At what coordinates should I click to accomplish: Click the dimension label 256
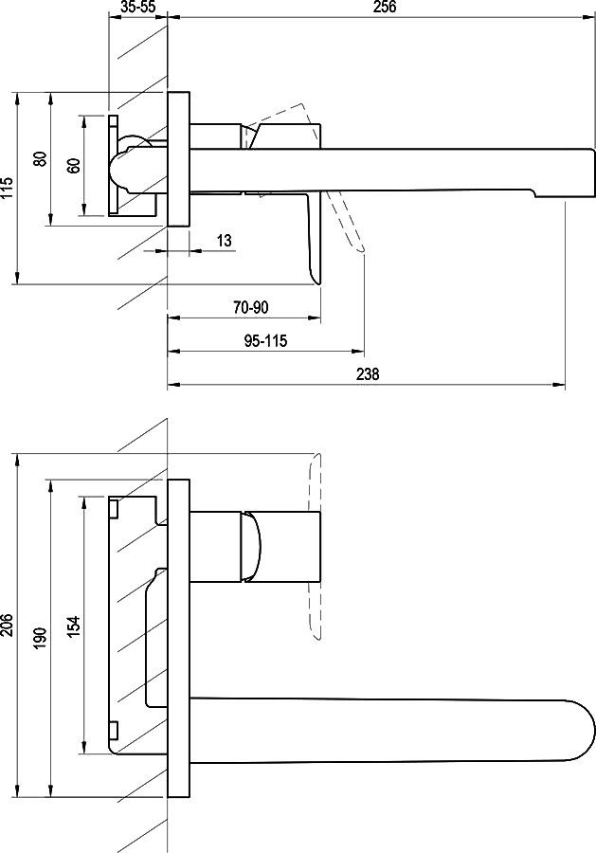pos(385,7)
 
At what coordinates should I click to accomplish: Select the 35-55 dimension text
pos(138,7)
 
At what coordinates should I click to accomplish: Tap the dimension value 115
pos(7,188)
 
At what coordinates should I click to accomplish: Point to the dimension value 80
pos(40,159)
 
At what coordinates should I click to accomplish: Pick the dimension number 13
pos(224,240)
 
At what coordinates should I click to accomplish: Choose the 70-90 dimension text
pos(251,307)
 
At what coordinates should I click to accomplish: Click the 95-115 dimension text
pos(265,341)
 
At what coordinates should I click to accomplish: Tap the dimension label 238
pos(368,374)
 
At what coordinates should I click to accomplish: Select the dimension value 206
pos(7,626)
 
